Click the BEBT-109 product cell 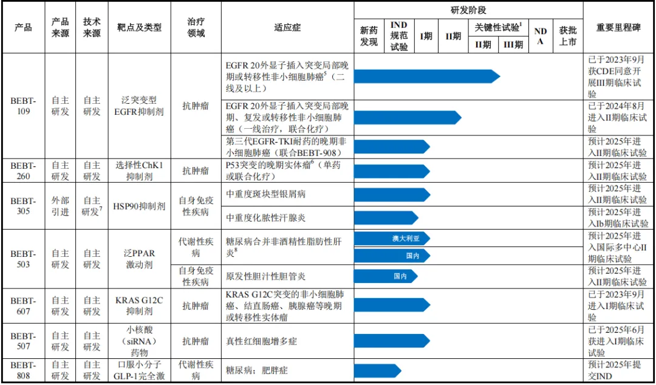pos(23,106)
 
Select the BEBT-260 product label pos(23,171)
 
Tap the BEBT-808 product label pos(23,370)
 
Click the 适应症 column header pos(287,27)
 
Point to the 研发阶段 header pos(468,10)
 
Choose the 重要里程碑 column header pos(618,27)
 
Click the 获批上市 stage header pos(567,36)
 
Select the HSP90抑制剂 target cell pos(139,206)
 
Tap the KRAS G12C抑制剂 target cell pos(139,305)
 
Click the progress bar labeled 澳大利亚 pos(392,238)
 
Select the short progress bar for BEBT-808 pos(377,370)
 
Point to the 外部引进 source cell pos(60,206)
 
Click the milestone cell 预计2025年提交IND pos(618,370)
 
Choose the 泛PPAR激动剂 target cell pos(139,259)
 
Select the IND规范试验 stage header pos(398,36)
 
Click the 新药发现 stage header pos(369,36)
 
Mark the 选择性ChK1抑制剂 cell pos(139,171)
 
